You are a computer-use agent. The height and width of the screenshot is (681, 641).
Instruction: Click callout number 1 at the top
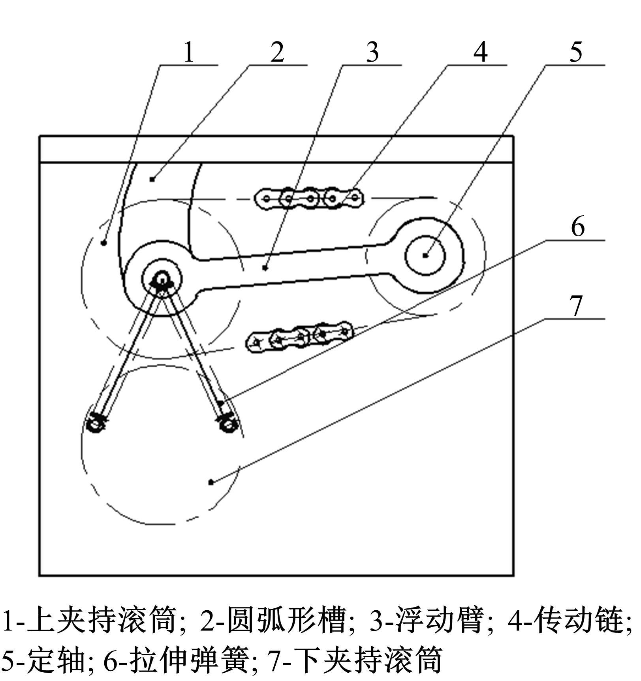click(x=189, y=52)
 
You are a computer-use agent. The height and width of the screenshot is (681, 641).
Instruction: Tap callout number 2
click(x=277, y=52)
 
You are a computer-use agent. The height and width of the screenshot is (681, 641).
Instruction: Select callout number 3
click(x=372, y=52)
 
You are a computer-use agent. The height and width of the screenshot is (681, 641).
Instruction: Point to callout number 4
click(x=481, y=52)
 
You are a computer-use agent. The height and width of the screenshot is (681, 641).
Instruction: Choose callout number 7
click(x=576, y=306)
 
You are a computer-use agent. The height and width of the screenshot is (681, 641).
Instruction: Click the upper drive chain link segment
click(x=309, y=198)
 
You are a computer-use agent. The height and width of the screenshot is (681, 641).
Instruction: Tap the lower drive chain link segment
click(x=299, y=336)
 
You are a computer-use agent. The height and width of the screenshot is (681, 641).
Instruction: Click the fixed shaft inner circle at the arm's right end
click(x=425, y=255)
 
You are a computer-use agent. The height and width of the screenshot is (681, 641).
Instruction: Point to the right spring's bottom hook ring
click(x=227, y=424)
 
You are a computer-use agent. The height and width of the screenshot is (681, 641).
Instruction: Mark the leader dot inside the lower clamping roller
click(x=211, y=482)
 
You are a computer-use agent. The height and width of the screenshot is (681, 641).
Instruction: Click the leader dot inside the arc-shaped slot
click(x=152, y=180)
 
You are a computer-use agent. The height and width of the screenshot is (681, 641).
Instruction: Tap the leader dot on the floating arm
click(x=265, y=268)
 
